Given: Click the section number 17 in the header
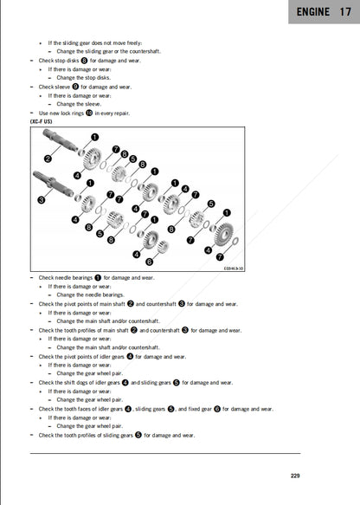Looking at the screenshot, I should [x=345, y=12].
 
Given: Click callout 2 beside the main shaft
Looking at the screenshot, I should [x=47, y=158].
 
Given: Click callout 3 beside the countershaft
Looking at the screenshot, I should [x=42, y=198].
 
